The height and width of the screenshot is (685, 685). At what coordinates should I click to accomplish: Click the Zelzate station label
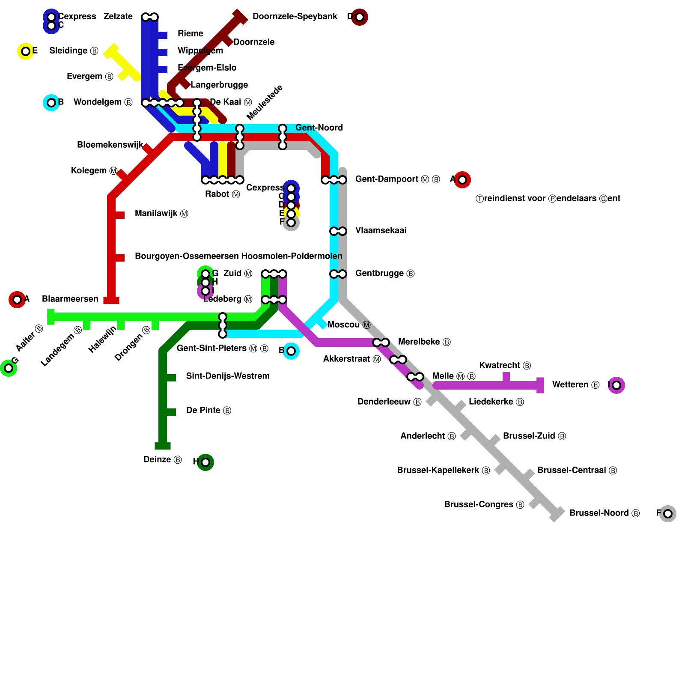tap(118, 17)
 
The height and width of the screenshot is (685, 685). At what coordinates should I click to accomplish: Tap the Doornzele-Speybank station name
tap(295, 17)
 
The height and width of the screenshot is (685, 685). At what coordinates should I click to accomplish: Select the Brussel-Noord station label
tap(604, 513)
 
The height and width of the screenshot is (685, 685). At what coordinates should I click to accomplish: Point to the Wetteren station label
tap(575, 385)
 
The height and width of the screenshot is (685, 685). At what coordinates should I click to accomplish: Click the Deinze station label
tap(162, 460)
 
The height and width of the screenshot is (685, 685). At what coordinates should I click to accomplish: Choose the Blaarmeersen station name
tap(70, 299)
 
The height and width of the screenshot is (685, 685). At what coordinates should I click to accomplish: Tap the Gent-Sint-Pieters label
tap(222, 348)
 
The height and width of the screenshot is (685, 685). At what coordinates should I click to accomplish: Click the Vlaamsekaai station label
tap(381, 231)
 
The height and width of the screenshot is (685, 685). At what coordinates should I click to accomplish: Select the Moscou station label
tap(348, 325)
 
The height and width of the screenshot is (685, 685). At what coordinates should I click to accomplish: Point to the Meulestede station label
tap(265, 103)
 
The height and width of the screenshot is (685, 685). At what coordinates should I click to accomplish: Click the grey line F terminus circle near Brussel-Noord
tap(667, 513)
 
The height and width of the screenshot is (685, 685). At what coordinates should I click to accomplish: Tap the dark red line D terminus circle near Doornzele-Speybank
tap(360, 17)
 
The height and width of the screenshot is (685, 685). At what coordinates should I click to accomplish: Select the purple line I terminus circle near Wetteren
tap(616, 385)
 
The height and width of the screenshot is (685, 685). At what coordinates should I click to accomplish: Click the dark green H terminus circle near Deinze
tap(205, 462)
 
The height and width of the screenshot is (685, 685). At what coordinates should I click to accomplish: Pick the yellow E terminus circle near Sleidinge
tap(26, 51)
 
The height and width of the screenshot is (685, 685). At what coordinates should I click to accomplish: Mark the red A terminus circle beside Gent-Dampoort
tap(462, 179)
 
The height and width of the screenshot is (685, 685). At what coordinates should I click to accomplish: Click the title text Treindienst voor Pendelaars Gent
tap(548, 199)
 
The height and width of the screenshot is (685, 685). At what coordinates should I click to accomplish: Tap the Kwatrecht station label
tap(505, 366)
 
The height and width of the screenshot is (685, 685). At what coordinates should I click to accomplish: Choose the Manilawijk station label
tap(161, 214)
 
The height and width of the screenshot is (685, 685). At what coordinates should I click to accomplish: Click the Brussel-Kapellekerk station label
tap(443, 471)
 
